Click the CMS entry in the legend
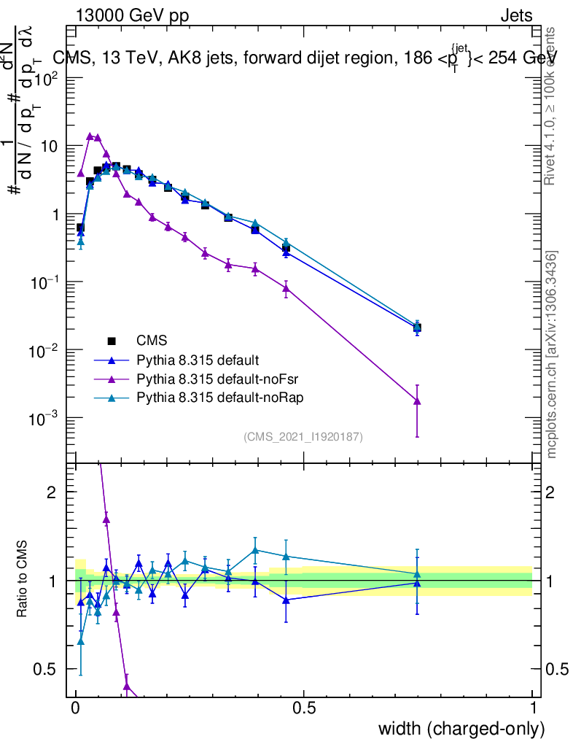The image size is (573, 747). click(151, 340)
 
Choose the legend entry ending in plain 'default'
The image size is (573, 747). click(198, 360)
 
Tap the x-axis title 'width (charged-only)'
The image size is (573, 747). click(461, 729)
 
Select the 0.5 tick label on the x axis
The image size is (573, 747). click(304, 708)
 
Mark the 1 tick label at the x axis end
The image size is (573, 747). click(532, 708)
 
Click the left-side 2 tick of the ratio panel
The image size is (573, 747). click(52, 492)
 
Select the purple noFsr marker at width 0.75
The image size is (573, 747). click(417, 400)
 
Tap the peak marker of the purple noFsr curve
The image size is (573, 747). click(90, 136)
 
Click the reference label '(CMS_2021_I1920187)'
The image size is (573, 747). click(303, 436)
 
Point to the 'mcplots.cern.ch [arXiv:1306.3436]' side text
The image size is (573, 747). click(552, 355)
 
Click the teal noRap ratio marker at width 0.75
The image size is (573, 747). click(417, 573)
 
